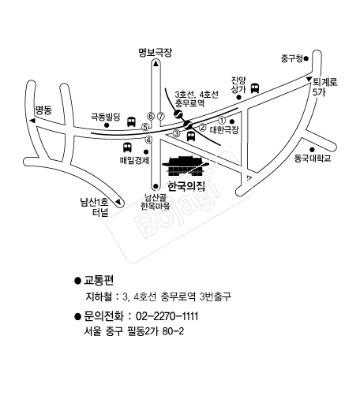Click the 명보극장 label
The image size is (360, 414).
click(x=156, y=53)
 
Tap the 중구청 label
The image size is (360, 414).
click(x=292, y=58)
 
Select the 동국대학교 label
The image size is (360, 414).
click(x=313, y=159)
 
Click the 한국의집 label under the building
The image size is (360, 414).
click(x=186, y=186)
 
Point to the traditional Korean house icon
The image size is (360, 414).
click(x=186, y=166)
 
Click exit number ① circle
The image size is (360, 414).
click(x=222, y=121)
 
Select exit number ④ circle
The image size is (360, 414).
click(x=149, y=140)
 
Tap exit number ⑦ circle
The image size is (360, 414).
click(x=161, y=116)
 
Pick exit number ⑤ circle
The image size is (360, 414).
click(x=145, y=127)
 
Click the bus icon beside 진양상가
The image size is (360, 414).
click(x=255, y=88)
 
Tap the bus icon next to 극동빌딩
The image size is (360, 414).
click(x=131, y=121)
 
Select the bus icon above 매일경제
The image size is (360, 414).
click(x=127, y=147)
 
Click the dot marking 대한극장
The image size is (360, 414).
click(x=232, y=121)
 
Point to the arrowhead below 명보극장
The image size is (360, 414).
click(x=156, y=63)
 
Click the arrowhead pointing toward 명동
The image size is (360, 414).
click(x=32, y=121)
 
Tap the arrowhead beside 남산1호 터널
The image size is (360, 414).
click(x=118, y=202)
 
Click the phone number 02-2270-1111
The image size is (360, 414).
click(x=167, y=316)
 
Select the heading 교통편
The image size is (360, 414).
click(x=99, y=280)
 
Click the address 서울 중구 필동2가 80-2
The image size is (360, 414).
click(x=133, y=331)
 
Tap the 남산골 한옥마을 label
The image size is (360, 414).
click(x=155, y=201)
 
